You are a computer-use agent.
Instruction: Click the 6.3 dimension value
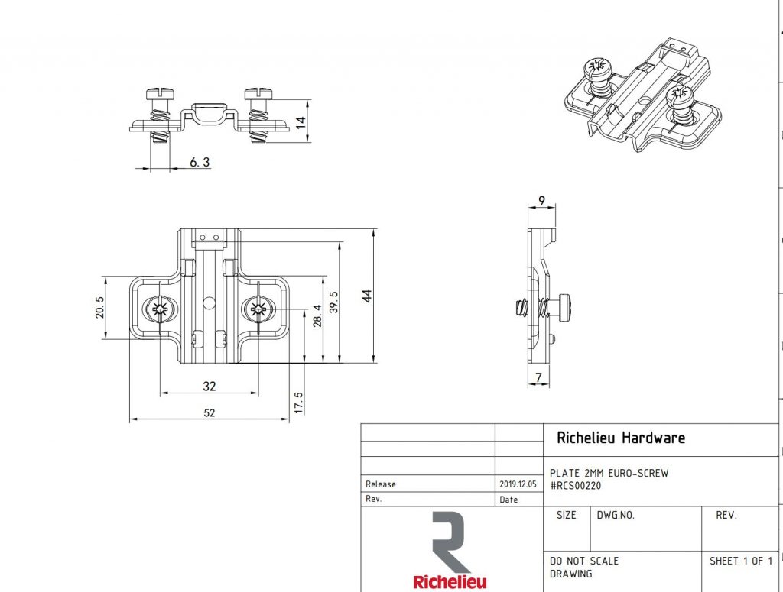199,162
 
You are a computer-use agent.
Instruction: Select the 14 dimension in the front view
301,121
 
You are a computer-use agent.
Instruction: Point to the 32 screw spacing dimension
209,386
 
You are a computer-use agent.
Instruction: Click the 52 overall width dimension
209,412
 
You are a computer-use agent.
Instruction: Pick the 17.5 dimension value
299,403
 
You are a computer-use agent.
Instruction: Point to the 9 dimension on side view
541,202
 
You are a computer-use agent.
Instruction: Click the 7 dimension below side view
540,377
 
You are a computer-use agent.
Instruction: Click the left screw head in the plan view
159,309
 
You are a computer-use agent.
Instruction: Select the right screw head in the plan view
257,309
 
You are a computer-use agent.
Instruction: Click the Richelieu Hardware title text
621,438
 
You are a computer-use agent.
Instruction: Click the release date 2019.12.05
518,484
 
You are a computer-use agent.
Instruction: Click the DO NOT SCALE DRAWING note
584,567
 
